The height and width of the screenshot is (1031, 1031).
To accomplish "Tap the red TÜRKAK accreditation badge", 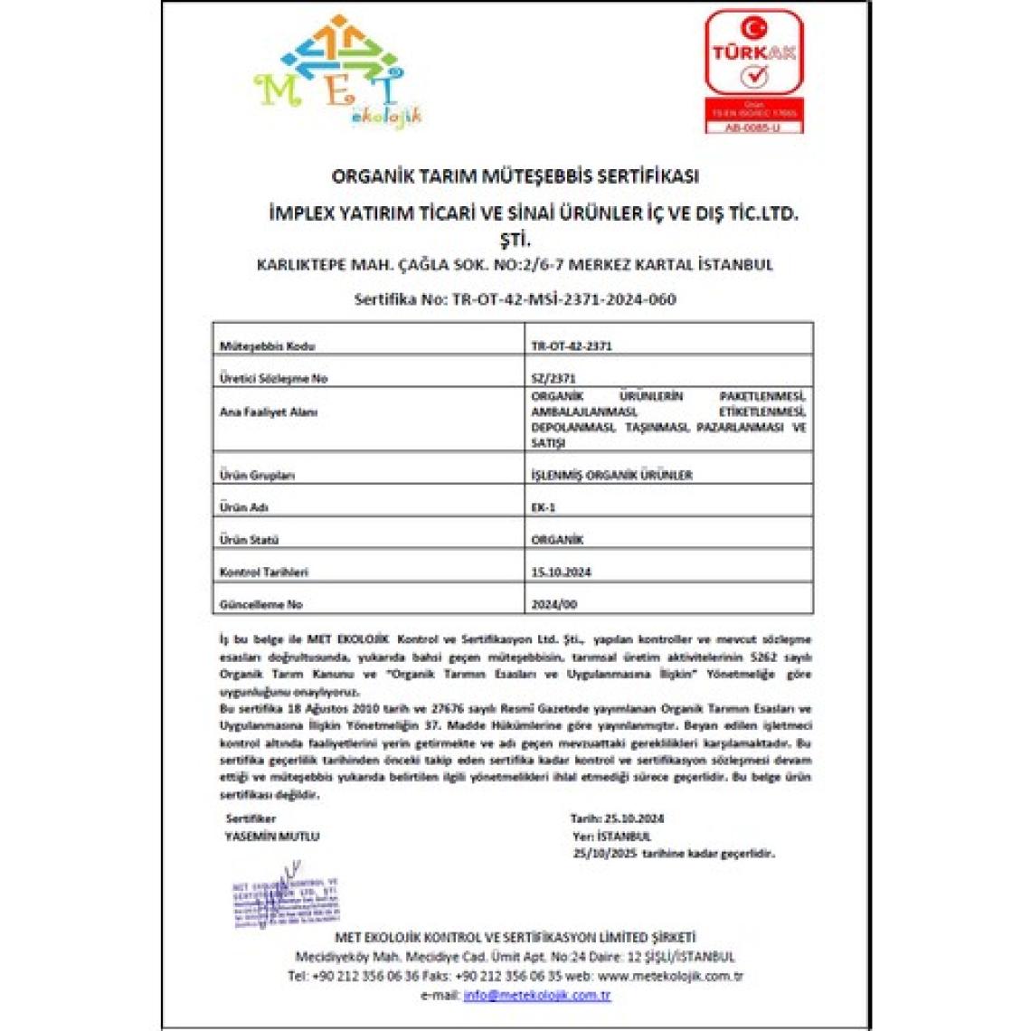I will click(x=753, y=71).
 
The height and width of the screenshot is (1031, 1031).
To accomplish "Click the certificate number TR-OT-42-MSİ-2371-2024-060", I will click(x=563, y=299).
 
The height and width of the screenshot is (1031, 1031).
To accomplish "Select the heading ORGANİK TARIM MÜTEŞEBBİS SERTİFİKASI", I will click(x=515, y=175).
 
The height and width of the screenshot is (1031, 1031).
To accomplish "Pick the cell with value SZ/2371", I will click(x=553, y=378).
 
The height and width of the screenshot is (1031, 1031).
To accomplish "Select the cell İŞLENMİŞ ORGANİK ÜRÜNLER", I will click(x=611, y=475).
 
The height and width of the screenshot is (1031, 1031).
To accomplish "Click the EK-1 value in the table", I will click(x=544, y=507).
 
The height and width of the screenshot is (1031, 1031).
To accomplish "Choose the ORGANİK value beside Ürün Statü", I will click(x=557, y=540).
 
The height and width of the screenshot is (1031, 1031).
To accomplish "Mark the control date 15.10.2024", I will click(x=562, y=572).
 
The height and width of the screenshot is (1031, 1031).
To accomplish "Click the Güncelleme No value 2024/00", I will click(x=553, y=604).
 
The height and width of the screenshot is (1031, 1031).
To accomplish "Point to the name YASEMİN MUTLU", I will click(x=271, y=837).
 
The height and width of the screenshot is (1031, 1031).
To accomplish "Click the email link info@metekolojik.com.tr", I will click(x=537, y=995).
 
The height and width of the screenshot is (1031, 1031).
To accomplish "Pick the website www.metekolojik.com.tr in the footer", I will click(x=670, y=976).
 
